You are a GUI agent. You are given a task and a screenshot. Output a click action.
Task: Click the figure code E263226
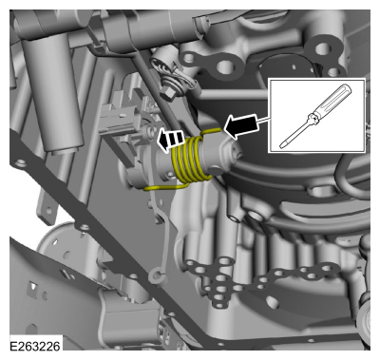35,346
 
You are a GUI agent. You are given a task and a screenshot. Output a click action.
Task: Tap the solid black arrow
241,126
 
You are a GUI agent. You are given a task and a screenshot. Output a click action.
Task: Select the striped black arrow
170,140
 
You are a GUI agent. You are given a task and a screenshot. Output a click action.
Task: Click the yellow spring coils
191,160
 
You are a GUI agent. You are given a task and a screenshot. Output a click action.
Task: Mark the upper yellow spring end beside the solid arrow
212,131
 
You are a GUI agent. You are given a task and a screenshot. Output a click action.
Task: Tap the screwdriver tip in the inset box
283,145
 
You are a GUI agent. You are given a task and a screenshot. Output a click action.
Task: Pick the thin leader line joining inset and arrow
264,120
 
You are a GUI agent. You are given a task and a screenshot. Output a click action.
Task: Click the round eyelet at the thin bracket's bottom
156,275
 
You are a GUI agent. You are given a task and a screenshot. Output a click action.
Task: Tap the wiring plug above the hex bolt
165,67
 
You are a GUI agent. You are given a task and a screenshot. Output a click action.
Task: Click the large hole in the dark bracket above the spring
225,67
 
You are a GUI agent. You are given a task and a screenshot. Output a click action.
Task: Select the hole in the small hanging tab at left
48,211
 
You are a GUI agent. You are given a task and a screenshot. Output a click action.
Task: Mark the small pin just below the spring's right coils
216,172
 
